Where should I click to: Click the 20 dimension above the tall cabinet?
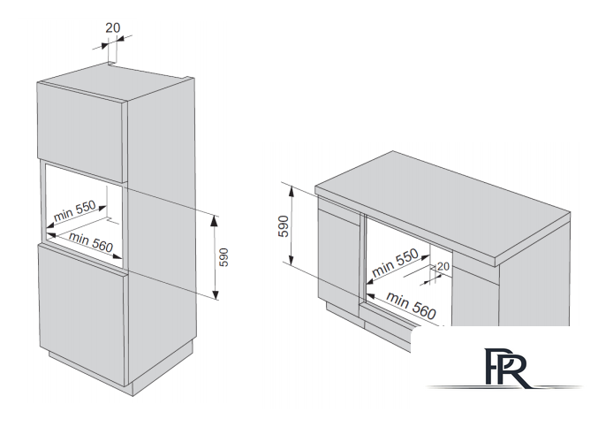point(113,27)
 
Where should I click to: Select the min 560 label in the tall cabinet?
point(91,242)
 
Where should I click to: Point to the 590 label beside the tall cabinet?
point(224,256)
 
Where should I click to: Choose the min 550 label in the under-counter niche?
point(395,261)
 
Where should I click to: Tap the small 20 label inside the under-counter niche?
point(443,265)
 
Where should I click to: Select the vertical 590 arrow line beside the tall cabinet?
point(216,256)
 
